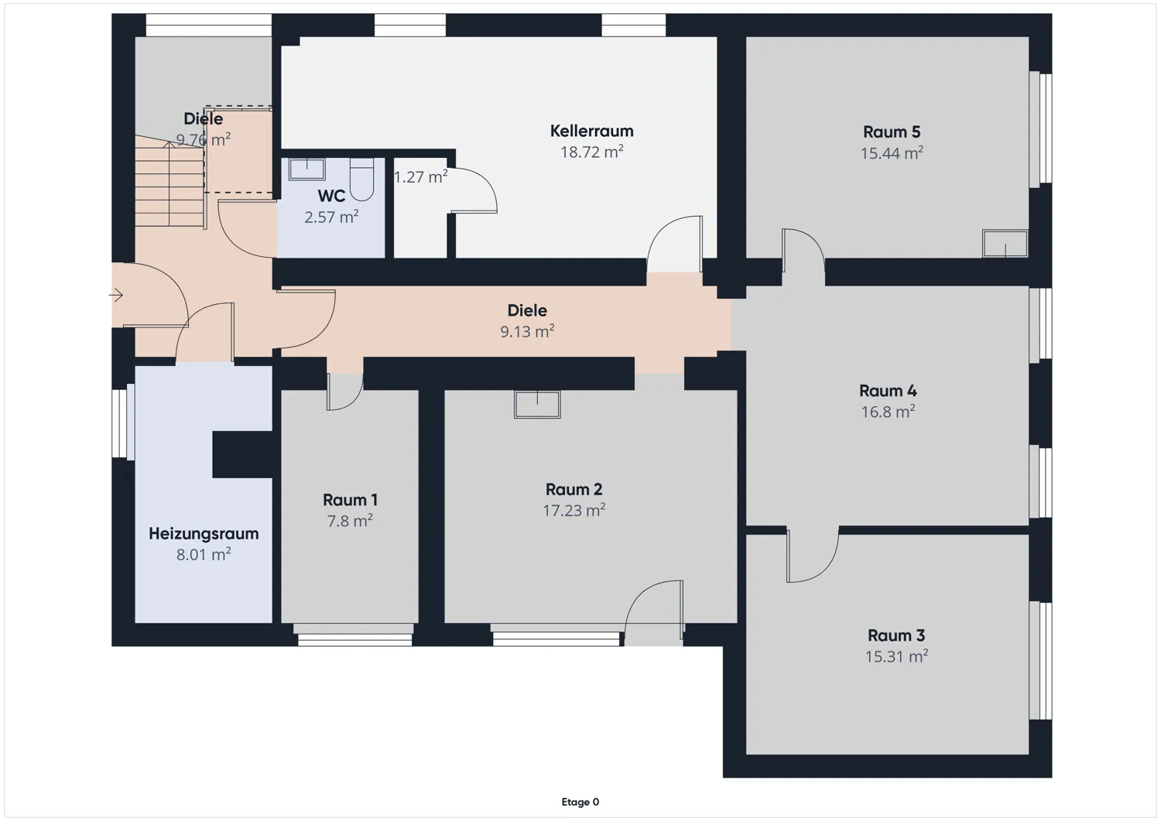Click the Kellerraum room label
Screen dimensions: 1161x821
pyautogui.click(x=591, y=131)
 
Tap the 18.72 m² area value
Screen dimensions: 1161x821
pyautogui.click(x=591, y=152)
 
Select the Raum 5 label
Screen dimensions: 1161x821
pyautogui.click(x=892, y=132)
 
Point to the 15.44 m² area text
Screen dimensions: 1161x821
pyautogui.click(x=892, y=153)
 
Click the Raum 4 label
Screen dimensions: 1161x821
pyautogui.click(x=888, y=391)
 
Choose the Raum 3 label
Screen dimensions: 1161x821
pyautogui.click(x=896, y=635)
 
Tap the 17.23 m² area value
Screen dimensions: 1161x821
pyautogui.click(x=574, y=511)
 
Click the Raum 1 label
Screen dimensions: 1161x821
pyautogui.click(x=350, y=500)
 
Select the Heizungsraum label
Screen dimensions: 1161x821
pyautogui.click(x=204, y=534)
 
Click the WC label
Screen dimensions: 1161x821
pyautogui.click(x=331, y=196)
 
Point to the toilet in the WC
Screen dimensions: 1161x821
pyautogui.click(x=361, y=180)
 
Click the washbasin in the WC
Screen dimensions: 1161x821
pyautogui.click(x=307, y=169)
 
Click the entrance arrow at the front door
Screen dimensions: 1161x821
pyautogui.click(x=116, y=296)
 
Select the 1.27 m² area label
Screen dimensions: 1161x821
pyautogui.click(x=420, y=177)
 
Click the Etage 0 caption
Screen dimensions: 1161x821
pyautogui.click(x=580, y=802)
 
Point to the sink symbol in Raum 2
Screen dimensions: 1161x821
pyautogui.click(x=537, y=404)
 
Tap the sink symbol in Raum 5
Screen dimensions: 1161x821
pyautogui.click(x=1005, y=243)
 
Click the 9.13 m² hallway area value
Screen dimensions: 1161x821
pyautogui.click(x=527, y=332)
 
